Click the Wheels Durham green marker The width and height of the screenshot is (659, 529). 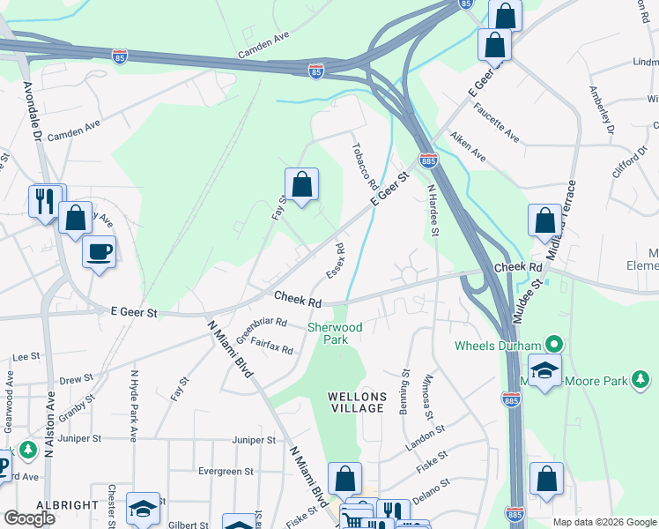(554, 344)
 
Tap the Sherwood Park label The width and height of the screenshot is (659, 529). (335, 333)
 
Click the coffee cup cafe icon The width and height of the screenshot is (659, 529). (99, 252)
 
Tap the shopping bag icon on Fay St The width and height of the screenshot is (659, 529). (301, 185)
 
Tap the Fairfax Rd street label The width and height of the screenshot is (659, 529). (271, 346)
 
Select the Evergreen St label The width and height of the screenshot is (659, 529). (226, 472)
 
